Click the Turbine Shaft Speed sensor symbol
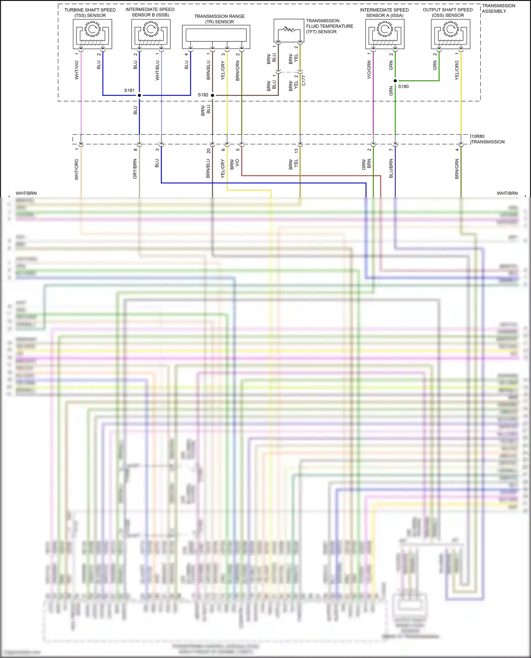click(x=92, y=34)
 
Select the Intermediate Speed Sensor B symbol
click(x=151, y=34)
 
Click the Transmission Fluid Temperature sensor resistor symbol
click(x=289, y=30)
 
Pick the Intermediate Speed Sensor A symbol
click(x=385, y=34)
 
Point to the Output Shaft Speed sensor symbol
click(x=450, y=34)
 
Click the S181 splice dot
click(x=139, y=95)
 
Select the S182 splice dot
click(x=212, y=95)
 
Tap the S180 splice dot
click(x=395, y=81)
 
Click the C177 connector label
click(x=303, y=80)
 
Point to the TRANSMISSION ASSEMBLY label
click(x=498, y=8)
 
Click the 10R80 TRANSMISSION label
click(x=487, y=139)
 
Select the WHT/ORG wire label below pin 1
click(x=76, y=169)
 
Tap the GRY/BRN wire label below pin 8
click(x=135, y=169)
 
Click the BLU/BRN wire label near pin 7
click(x=391, y=168)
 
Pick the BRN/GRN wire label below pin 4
click(x=457, y=169)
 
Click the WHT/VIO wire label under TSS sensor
click(x=76, y=70)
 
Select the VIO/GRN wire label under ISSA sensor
click(x=369, y=70)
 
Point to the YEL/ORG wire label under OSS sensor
click(x=457, y=70)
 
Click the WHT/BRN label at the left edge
click(x=26, y=193)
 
